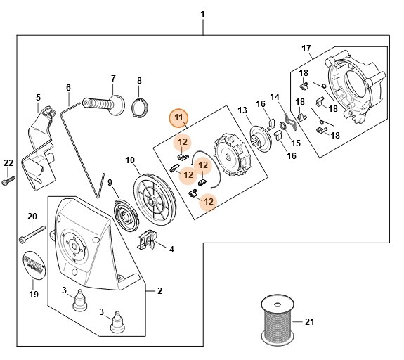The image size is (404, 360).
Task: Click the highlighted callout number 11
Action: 178,116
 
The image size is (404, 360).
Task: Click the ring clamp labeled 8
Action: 139,110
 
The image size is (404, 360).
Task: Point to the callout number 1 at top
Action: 202,14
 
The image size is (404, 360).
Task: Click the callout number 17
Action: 306,49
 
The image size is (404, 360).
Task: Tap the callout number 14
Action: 275,96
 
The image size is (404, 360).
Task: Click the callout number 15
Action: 296,143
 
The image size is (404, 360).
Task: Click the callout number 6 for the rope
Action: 68,88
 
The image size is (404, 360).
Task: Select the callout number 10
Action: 130,160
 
